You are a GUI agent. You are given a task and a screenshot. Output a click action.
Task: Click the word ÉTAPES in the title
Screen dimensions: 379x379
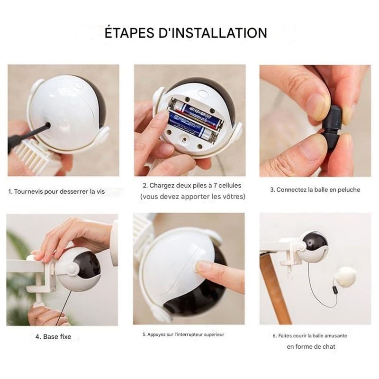(129, 33)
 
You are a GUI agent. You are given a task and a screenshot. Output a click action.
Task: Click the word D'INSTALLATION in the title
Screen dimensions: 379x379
(213, 33)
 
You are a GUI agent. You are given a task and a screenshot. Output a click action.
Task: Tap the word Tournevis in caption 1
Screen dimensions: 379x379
(28, 191)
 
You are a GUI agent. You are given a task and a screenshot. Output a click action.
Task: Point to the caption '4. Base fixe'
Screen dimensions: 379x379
(53, 336)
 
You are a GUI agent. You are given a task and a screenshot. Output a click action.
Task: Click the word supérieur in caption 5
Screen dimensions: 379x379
(214, 334)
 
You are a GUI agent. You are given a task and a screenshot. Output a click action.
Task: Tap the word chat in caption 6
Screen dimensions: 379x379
(329, 346)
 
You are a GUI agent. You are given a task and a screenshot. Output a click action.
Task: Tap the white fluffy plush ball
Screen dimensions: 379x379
(347, 276)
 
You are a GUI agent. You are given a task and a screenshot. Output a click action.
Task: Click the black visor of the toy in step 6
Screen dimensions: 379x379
(315, 240)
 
